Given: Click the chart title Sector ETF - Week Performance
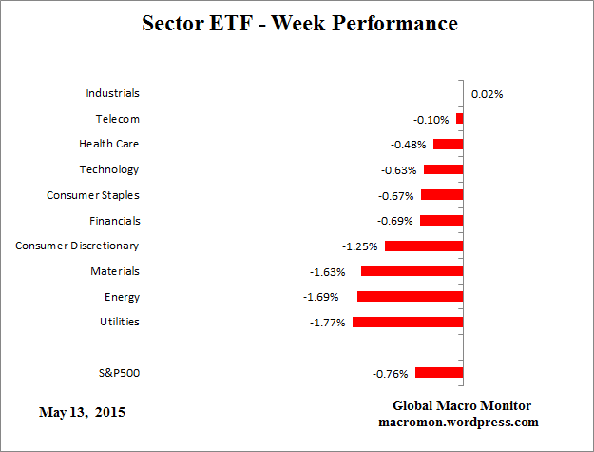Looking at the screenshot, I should pyautogui.click(x=298, y=23).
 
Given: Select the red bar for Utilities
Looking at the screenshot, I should pyautogui.click(x=408, y=322).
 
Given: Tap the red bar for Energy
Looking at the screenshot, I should pyautogui.click(x=410, y=297).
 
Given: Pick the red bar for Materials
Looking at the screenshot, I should pyautogui.click(x=412, y=271).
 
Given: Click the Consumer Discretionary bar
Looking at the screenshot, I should pyautogui.click(x=424, y=246).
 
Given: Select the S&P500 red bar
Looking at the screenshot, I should pyautogui.click(x=439, y=373).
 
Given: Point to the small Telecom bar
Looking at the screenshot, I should pyautogui.click(x=460, y=119).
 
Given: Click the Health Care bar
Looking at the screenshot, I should pyautogui.click(x=449, y=144).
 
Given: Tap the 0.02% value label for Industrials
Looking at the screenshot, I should pyautogui.click(x=487, y=93).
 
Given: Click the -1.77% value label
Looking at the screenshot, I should pyautogui.click(x=328, y=323).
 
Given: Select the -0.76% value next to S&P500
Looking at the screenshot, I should pyautogui.click(x=390, y=373).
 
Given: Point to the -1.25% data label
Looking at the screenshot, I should pyautogui.click(x=360, y=246).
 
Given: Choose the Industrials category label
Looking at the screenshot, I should pyautogui.click(x=112, y=93).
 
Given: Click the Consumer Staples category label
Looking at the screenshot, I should pyautogui.click(x=93, y=195).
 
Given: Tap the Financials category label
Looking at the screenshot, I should pyautogui.click(x=108, y=220).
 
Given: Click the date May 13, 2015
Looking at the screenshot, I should pyautogui.click(x=82, y=413).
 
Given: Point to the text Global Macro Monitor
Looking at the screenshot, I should pyautogui.click(x=458, y=405).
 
